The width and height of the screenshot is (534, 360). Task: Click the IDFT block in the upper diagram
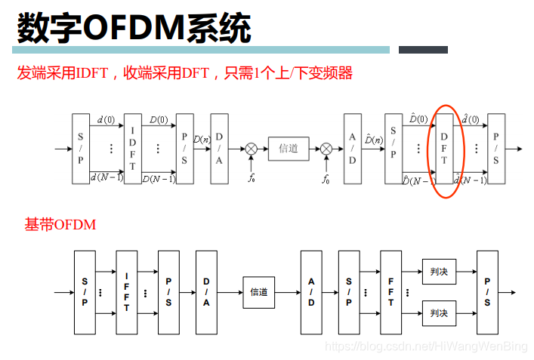pos(132,149)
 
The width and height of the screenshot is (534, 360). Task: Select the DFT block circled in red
pos(444,149)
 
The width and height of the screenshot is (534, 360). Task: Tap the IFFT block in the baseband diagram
pos(127,292)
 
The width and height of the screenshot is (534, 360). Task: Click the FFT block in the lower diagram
pos(390,292)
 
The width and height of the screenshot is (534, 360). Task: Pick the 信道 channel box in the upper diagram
pos(288,149)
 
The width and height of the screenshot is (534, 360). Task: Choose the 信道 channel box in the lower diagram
pos(259,292)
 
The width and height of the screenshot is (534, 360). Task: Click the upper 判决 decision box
pos(438,271)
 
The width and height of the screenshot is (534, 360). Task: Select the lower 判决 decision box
pos(438,312)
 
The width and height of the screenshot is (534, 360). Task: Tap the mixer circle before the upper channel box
pos(252,149)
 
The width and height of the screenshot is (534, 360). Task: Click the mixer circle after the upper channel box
pos(326,149)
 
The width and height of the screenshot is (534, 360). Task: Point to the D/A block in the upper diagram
pos(219,149)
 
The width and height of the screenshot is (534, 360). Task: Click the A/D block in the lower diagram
pos(311,292)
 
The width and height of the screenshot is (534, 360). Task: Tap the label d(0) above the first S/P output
pos(106,119)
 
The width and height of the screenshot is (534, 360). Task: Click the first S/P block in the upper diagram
pos(81,149)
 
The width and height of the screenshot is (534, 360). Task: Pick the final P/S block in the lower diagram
pos(487,292)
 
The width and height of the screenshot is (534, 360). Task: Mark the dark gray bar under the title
pos(423,50)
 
